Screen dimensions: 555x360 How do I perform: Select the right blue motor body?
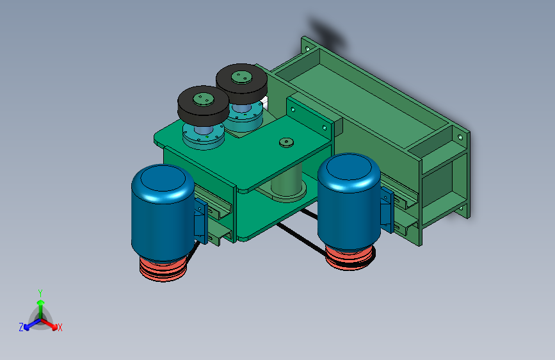pos(349,201)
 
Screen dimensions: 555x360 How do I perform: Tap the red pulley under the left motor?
pos(163,270)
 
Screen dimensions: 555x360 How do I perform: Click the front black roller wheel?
pos(203,104)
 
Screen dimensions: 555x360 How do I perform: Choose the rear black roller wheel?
pos(241,84)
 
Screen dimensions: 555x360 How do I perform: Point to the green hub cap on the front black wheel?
pos(203,99)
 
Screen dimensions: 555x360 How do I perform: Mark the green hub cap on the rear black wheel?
pos(241,77)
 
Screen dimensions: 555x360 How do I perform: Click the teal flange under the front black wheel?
pos(204,136)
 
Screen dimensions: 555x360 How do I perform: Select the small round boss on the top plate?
pos(286,142)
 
